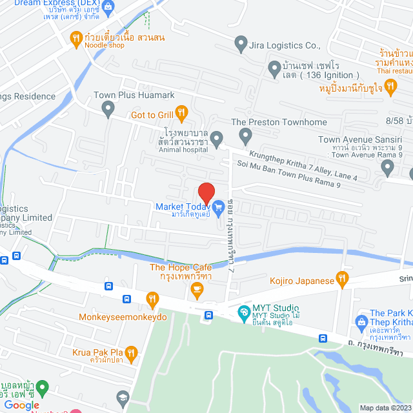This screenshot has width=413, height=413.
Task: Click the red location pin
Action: pyautogui.click(x=206, y=193)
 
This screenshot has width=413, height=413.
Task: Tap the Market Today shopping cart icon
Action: pyautogui.click(x=219, y=207)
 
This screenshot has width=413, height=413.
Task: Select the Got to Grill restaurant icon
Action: pyautogui.click(x=182, y=115)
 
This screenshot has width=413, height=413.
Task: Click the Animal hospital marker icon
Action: pyautogui.click(x=217, y=138)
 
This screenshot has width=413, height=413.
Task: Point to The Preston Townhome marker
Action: pyautogui.click(x=245, y=136)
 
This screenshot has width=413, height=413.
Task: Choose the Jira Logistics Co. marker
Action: pyautogui.click(x=241, y=45)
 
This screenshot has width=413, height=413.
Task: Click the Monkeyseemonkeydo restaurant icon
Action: pyautogui.click(x=152, y=299)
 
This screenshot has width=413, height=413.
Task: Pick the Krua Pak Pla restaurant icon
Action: pyautogui.click(x=131, y=353)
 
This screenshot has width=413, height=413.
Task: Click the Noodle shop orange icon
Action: pyautogui.click(x=76, y=38)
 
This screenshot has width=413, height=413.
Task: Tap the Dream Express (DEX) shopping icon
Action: pyautogui.click(x=107, y=6)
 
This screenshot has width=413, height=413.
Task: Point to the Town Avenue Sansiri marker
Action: pyautogui.click(x=387, y=167)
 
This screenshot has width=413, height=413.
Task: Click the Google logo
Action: pyautogui.click(x=22, y=405)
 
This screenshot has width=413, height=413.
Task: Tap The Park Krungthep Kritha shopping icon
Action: pyautogui.click(x=361, y=321)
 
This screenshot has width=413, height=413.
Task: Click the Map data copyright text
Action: pyautogui.click(x=385, y=407)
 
